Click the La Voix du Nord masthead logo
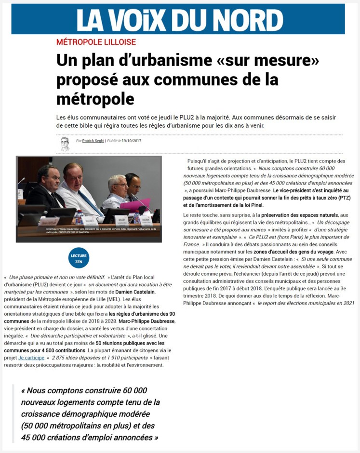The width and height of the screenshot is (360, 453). coord(179,19)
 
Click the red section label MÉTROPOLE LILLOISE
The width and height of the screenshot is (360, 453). coord(96,42)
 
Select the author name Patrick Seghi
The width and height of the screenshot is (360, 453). coord(93,141)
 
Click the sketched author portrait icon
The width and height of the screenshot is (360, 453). coord(65,144)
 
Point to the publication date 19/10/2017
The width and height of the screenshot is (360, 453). coord(131,141)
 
